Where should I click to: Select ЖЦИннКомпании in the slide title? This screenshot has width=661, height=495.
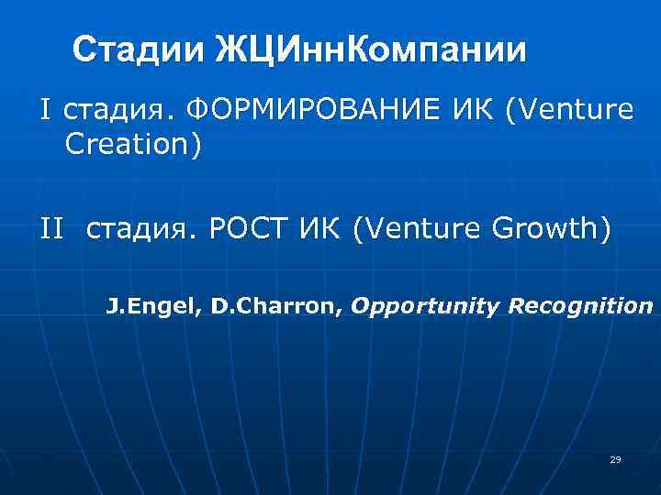(371, 49)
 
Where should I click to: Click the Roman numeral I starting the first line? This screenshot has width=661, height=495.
(44, 111)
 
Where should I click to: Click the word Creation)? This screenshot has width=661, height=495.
(133, 144)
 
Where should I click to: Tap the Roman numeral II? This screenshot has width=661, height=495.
(52, 229)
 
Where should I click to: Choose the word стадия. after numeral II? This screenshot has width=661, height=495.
(142, 229)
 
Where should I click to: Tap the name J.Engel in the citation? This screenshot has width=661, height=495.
(153, 306)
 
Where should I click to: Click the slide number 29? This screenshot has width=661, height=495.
(615, 459)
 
